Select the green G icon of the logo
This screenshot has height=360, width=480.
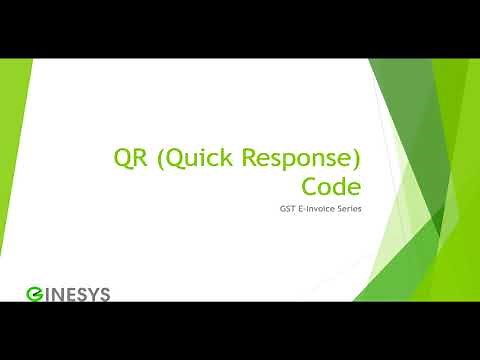point(33,293)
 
